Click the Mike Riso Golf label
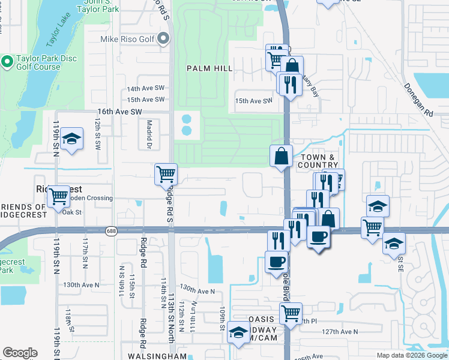(x=127, y=40)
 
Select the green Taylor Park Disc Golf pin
(x=7, y=61)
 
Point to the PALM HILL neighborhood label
(x=209, y=68)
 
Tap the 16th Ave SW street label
(x=119, y=112)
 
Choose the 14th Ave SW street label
(x=145, y=88)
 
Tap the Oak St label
(x=71, y=212)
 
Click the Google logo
(x=20, y=353)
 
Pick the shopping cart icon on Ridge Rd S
(x=166, y=175)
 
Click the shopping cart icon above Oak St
(x=58, y=196)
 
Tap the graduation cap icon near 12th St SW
(x=71, y=139)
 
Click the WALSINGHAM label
(x=157, y=356)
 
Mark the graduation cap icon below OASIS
(x=239, y=333)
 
